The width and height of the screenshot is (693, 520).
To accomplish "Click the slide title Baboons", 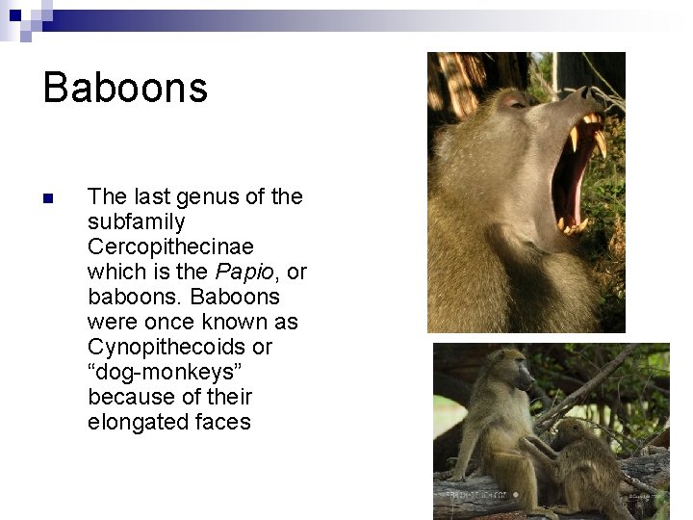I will pyautogui.click(x=125, y=88).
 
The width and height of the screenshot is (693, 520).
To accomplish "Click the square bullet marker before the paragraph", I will pyautogui.click(x=48, y=199).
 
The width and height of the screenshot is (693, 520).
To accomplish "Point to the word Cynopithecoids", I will pyautogui.click(x=180, y=347).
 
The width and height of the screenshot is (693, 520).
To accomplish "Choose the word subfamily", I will pyautogui.click(x=136, y=221).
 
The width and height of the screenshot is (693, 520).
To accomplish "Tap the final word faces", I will pyautogui.click(x=222, y=422).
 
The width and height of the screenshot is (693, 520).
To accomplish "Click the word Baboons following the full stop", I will pyautogui.click(x=235, y=297).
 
